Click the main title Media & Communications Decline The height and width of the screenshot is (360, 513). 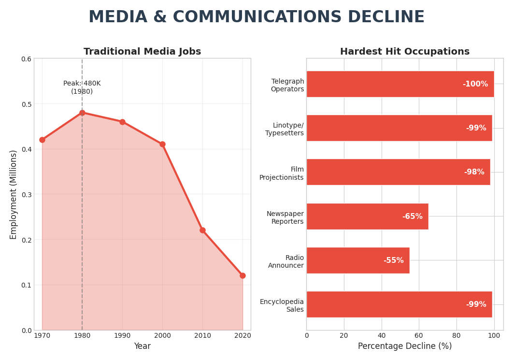pyautogui.click(x=256, y=17)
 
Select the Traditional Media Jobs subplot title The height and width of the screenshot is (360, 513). pyautogui.click(x=142, y=52)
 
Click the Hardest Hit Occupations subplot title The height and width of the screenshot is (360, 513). pyautogui.click(x=404, y=52)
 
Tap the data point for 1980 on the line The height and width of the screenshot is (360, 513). pyautogui.click(x=82, y=113)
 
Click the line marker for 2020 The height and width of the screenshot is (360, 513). pyautogui.click(x=242, y=275)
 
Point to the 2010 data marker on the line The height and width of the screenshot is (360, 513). pyautogui.click(x=202, y=230)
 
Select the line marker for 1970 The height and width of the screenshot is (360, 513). pyautogui.click(x=42, y=140)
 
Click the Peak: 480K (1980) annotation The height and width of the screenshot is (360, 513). pyautogui.click(x=82, y=87)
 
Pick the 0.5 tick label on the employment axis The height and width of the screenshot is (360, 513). pyautogui.click(x=26, y=104)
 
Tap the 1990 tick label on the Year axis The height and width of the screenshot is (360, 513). pyautogui.click(x=122, y=335)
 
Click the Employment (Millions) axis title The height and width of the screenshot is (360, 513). pyautogui.click(x=14, y=194)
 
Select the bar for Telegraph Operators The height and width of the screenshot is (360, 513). pyautogui.click(x=400, y=84)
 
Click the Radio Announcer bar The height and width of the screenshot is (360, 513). pyautogui.click(x=357, y=260)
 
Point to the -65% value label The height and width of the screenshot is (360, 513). pyautogui.click(x=412, y=216)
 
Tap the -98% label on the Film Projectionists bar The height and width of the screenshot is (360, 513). pyautogui.click(x=474, y=172)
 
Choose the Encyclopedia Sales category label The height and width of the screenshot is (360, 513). pyautogui.click(x=282, y=305)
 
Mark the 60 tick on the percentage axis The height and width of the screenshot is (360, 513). pyautogui.click(x=419, y=335)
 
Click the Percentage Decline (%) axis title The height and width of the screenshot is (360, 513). pyautogui.click(x=404, y=346)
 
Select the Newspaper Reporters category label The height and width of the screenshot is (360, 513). pyautogui.click(x=285, y=217)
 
